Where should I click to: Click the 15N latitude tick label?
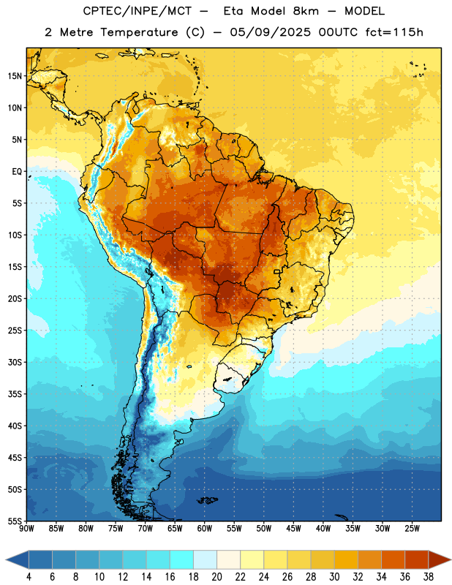tap(15, 76)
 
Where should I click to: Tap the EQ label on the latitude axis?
tap(17, 172)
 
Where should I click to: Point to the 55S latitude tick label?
tap(15, 521)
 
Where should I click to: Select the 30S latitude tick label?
tap(15, 362)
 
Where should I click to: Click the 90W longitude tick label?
tap(27, 529)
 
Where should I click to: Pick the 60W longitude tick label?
tap(205, 529)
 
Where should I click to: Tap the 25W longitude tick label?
tap(412, 529)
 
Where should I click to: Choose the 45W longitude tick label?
tap(293, 529)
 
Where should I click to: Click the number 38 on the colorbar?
tap(428, 577)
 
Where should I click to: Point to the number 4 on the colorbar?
tap(29, 577)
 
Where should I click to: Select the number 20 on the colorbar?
tap(216, 577)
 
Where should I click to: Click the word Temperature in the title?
tap(139, 32)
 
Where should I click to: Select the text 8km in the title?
tap(306, 11)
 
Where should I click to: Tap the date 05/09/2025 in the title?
tap(270, 32)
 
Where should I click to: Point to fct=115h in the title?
tap(394, 32)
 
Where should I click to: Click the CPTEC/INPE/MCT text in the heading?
tap(137, 11)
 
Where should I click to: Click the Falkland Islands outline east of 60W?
tap(208, 500)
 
